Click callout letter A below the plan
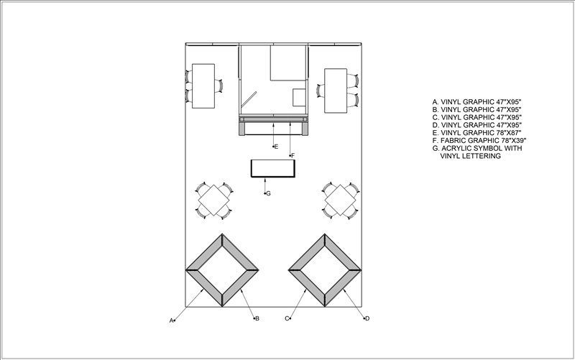171,320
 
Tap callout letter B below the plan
257,318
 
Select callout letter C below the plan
287,318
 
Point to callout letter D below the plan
367,318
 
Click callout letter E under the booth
276,147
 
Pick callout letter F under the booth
293,155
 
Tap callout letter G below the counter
268,193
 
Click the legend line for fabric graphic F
479,140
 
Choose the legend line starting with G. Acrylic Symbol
477,148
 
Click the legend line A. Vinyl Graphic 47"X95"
477,102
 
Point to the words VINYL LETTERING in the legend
471,156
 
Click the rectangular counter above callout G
273,168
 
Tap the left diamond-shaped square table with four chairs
214,200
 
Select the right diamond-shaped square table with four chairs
341,200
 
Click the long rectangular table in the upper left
203,86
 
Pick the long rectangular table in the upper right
336,91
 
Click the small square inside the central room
299,98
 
